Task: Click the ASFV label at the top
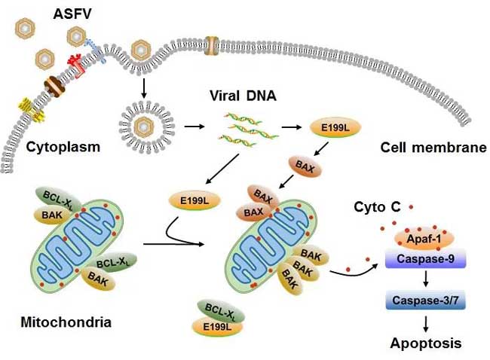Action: [x=72, y=14]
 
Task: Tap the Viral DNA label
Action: [x=243, y=96]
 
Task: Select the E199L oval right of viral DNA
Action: [x=335, y=127]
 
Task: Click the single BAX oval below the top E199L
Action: [x=305, y=167]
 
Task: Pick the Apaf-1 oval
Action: [x=424, y=239]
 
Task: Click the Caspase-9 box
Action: [x=425, y=259]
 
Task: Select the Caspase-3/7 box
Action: [x=425, y=300]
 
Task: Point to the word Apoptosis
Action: [x=426, y=343]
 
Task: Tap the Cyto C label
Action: [x=377, y=206]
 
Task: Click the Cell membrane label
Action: [x=433, y=148]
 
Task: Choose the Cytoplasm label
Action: [x=63, y=147]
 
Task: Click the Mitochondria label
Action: [x=66, y=322]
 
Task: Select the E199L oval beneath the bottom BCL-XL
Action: [x=217, y=327]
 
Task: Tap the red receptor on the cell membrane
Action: [x=76, y=66]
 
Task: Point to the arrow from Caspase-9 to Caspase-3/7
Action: [x=425, y=279]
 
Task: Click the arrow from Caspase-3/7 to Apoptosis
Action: [x=425, y=324]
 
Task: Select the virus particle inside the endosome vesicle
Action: [x=144, y=127]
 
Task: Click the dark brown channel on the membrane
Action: [x=54, y=84]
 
